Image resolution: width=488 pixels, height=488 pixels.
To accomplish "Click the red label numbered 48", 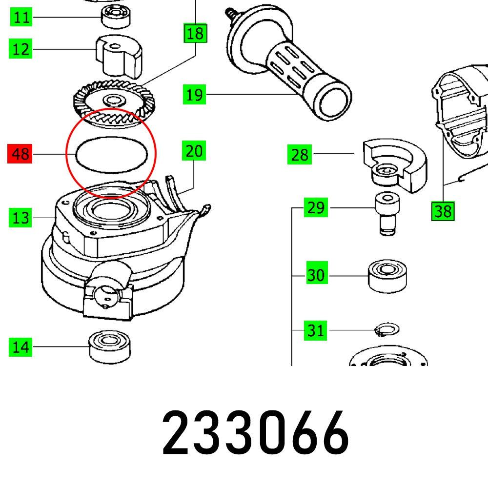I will click(x=20, y=155).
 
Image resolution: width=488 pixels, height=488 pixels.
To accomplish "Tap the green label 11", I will click(x=21, y=18).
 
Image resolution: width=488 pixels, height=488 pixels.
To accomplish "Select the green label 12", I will click(x=21, y=49).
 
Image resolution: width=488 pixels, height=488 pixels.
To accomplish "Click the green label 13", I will click(x=21, y=217).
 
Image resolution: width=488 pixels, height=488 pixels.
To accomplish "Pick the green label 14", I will click(x=21, y=347).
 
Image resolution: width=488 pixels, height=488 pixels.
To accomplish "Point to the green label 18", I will click(x=195, y=34).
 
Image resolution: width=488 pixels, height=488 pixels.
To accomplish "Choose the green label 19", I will click(x=194, y=94).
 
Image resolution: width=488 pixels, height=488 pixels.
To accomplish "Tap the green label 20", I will click(x=194, y=151).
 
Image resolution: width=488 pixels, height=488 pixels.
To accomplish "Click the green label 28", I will click(x=300, y=155).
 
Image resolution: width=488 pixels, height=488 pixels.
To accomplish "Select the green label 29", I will click(x=316, y=208).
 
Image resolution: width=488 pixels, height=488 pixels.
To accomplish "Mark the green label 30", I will click(x=316, y=275).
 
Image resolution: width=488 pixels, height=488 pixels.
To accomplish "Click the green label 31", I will click(x=316, y=330).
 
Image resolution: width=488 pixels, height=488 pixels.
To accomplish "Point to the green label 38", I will click(x=443, y=211).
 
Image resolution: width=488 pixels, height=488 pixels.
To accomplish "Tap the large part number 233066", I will click(x=255, y=432).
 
